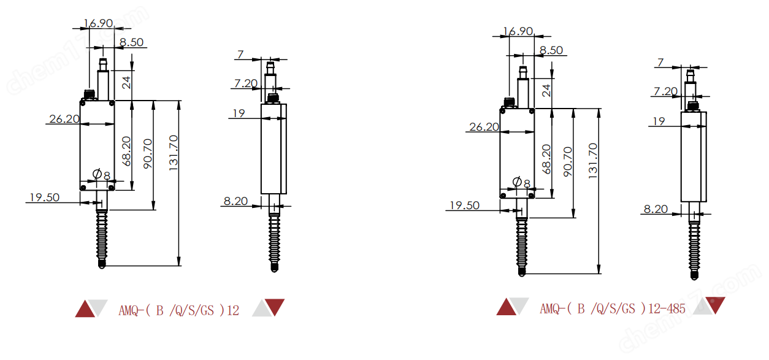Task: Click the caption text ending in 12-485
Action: pos(612,309)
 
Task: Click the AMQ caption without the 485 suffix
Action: pos(178,310)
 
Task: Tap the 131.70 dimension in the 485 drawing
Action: pos(593,161)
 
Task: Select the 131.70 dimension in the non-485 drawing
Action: pos(173,153)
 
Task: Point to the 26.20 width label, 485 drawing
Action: pos(484,127)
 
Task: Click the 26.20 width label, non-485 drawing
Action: pos(64,119)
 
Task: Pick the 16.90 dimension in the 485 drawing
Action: pos(518,31)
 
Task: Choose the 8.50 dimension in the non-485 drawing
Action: pos(131,42)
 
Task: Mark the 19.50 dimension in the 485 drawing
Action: pos(464,205)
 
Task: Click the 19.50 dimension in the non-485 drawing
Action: pos(45,197)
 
